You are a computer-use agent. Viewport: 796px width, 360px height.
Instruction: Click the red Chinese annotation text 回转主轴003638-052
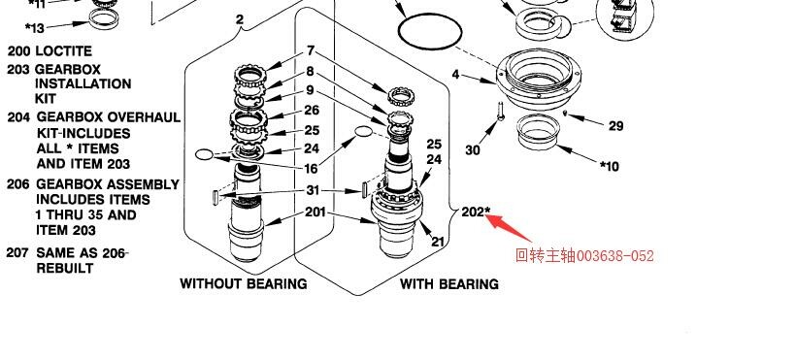(584, 255)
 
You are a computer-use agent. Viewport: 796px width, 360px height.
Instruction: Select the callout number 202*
(476, 212)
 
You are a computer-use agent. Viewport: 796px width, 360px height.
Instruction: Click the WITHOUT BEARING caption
(243, 283)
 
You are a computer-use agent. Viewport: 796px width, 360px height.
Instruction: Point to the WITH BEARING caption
(449, 284)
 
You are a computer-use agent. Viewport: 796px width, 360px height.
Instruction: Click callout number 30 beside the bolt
(473, 150)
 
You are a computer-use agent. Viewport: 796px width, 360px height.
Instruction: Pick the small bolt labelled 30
(501, 111)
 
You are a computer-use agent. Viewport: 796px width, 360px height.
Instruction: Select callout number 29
(615, 125)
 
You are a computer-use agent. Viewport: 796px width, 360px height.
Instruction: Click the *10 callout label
(610, 166)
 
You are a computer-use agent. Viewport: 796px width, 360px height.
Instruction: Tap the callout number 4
(455, 75)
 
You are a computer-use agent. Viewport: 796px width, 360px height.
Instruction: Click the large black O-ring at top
(430, 31)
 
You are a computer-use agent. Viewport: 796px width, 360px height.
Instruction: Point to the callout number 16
(312, 168)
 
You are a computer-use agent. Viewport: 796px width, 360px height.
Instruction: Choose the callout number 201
(315, 212)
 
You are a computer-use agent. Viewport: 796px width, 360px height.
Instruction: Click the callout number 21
(438, 242)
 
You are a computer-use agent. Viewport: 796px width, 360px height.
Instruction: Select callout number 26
(312, 110)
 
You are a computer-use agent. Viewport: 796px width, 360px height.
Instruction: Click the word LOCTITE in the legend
(63, 51)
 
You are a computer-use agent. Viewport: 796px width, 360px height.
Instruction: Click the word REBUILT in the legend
(64, 268)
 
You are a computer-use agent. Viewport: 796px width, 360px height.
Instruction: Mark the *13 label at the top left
(35, 27)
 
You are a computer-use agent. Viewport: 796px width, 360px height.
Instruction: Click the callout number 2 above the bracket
(240, 19)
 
